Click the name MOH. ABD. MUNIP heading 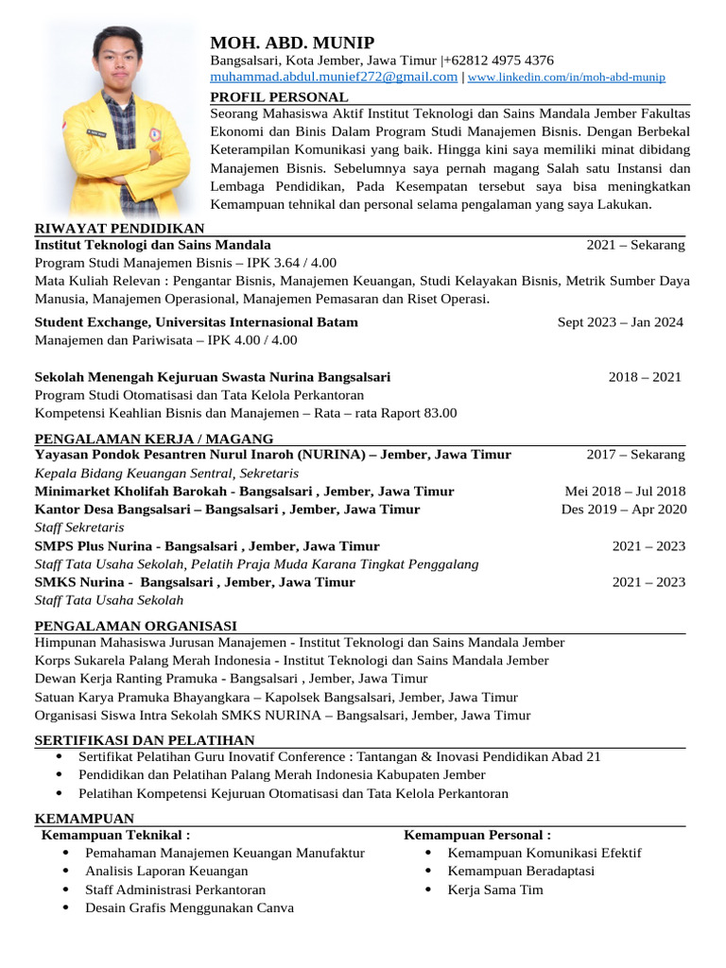pyautogui.click(x=292, y=43)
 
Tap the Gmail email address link pyautogui.click(x=334, y=77)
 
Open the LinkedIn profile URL pyautogui.click(x=566, y=78)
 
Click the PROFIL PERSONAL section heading pyautogui.click(x=279, y=97)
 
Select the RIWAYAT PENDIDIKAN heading pyautogui.click(x=120, y=228)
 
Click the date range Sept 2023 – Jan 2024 pyautogui.click(x=620, y=322)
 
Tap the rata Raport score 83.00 pyautogui.click(x=439, y=413)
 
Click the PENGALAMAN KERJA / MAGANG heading pyautogui.click(x=154, y=439)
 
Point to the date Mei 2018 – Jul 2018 pyautogui.click(x=625, y=492)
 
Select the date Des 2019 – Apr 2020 pyautogui.click(x=623, y=510)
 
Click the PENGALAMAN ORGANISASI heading pyautogui.click(x=136, y=626)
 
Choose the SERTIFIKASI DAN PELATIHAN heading pyautogui.click(x=145, y=740)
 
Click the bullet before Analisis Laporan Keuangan pyautogui.click(x=65, y=871)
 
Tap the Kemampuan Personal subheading pyautogui.click(x=477, y=836)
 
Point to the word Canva pyautogui.click(x=274, y=907)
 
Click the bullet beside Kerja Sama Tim pyautogui.click(x=428, y=890)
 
